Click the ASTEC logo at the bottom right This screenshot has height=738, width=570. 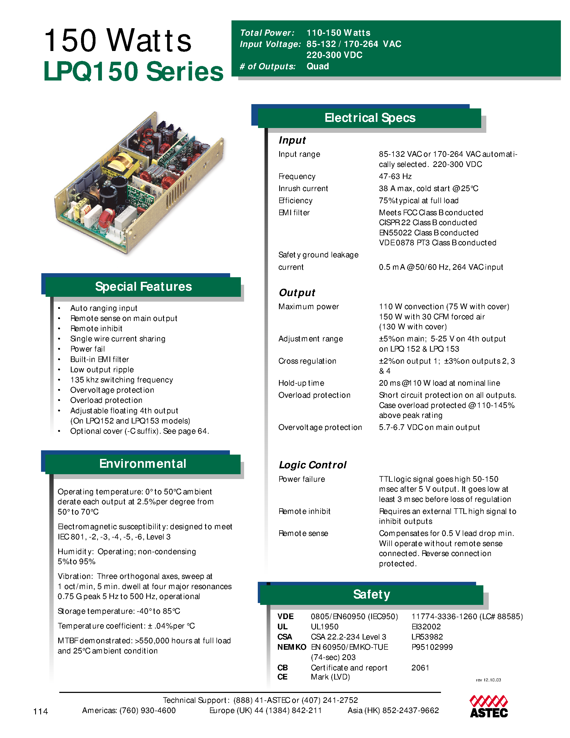pyautogui.click(x=489, y=707)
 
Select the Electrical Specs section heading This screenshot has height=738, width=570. pyautogui.click(x=370, y=118)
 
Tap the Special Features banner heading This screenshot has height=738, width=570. pyautogui.click(x=143, y=287)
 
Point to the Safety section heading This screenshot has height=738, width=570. pyautogui.click(x=372, y=594)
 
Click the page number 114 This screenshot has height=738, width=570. pyautogui.click(x=41, y=711)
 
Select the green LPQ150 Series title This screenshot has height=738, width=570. pyautogui.click(x=133, y=71)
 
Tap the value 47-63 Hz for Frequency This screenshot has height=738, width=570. pyautogui.click(x=395, y=176)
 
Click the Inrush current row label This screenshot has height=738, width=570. pyautogui.click(x=303, y=189)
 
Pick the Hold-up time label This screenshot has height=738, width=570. pyautogui.click(x=301, y=383)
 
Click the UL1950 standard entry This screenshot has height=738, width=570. pyautogui.click(x=325, y=627)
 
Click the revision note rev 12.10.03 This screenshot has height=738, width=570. pyautogui.click(x=488, y=680)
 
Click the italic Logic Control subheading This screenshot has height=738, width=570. pyautogui.click(x=312, y=465)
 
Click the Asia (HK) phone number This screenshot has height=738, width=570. pyautogui.click(x=393, y=711)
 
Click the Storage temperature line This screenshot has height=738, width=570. pyautogui.click(x=119, y=611)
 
